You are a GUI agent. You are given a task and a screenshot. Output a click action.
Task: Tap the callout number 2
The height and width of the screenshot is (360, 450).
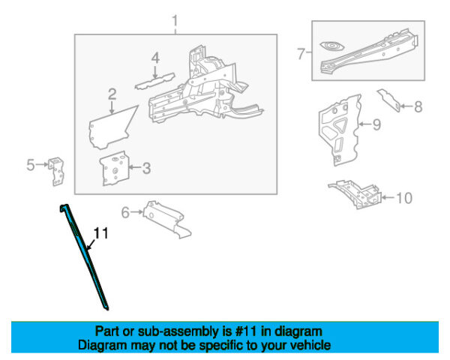click(112, 94)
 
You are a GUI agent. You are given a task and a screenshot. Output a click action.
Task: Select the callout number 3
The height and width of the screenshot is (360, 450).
click(145, 168)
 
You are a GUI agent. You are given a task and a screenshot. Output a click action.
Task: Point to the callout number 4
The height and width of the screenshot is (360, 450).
click(154, 58)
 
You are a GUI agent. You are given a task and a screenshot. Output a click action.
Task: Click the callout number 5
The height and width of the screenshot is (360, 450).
click(31, 165)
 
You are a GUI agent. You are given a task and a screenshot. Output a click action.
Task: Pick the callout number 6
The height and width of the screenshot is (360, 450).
click(125, 212)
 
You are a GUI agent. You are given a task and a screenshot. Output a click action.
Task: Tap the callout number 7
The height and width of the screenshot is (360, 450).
click(301, 53)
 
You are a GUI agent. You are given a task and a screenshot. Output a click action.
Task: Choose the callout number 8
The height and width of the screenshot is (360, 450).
click(418, 106)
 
